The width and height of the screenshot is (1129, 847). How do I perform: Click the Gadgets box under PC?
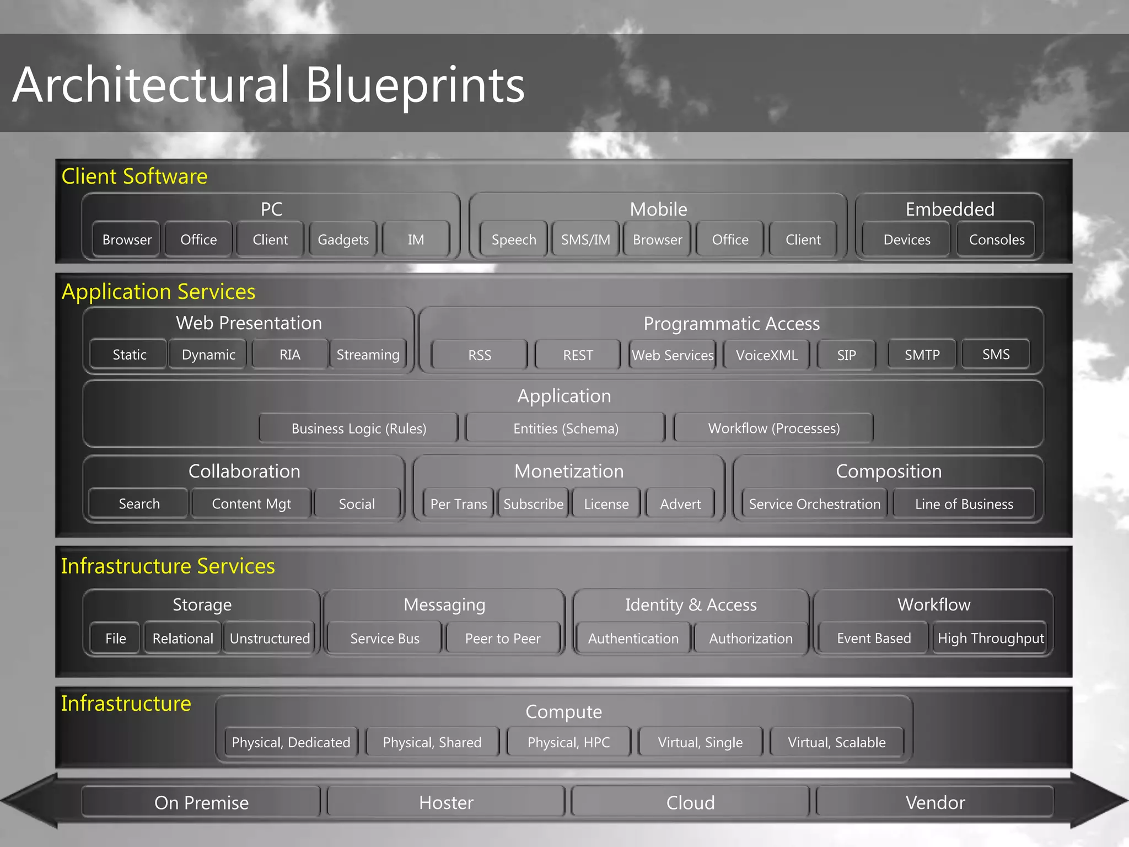point(343,240)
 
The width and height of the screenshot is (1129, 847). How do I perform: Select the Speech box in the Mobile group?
point(514,240)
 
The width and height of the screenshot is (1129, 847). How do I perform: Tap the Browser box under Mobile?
point(657,240)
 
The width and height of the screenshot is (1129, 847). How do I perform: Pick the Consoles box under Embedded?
point(997,240)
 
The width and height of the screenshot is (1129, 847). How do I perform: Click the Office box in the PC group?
point(198,240)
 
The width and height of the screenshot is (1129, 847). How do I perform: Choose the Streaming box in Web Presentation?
point(368,355)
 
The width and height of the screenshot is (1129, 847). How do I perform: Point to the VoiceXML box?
point(766,355)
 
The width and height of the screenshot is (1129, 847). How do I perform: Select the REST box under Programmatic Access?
point(578,355)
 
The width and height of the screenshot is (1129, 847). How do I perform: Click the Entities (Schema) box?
point(566,428)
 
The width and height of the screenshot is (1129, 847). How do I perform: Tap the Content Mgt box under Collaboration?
point(251,504)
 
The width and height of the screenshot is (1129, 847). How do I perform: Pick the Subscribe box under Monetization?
point(533,504)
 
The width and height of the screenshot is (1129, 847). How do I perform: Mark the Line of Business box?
point(964,504)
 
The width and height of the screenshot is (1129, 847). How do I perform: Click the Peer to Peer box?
point(503,639)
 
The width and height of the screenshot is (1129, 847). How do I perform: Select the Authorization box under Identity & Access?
point(751,639)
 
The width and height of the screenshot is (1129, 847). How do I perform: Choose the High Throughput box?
point(991,639)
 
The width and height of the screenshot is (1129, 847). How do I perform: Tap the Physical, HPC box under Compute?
point(568,742)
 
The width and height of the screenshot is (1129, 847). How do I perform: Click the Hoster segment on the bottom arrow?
point(446,802)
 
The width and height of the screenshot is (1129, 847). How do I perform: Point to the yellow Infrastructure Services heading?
point(168,566)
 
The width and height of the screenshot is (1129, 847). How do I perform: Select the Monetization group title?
point(569,471)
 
